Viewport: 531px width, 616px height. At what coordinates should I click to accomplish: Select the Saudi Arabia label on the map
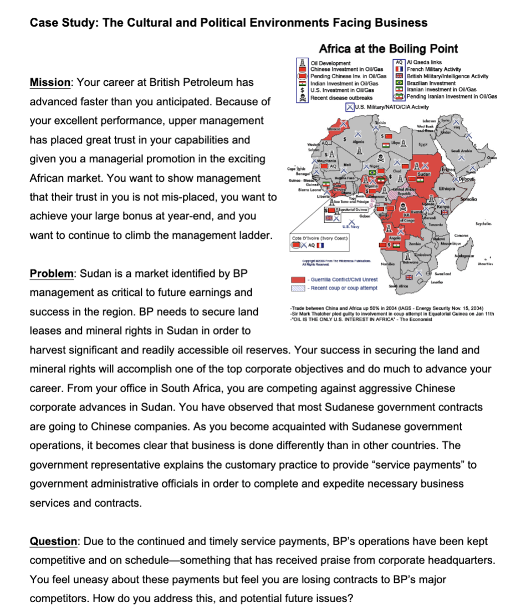pyautogui.click(x=476, y=136)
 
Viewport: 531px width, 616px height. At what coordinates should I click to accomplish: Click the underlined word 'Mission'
pyautogui.click(x=49, y=83)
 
